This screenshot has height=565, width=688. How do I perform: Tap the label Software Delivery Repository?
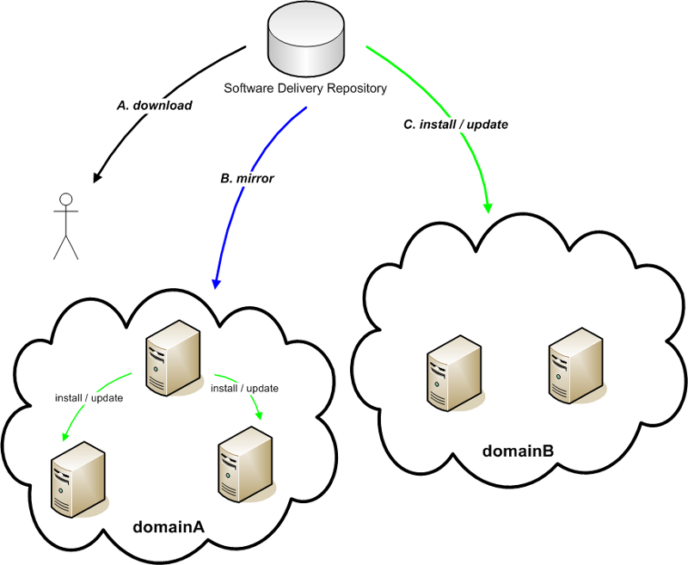(x=305, y=88)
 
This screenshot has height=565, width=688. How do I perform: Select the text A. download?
(x=154, y=106)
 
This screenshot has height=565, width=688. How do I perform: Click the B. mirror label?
(x=247, y=179)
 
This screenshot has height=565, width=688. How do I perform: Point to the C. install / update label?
(x=455, y=124)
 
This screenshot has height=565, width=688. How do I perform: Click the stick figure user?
(x=64, y=225)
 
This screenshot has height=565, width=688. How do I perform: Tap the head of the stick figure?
(x=64, y=200)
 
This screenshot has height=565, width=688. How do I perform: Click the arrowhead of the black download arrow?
(x=97, y=177)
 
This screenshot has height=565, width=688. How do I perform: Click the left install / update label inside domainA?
(x=89, y=398)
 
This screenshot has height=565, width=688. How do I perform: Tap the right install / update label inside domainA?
(x=245, y=389)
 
